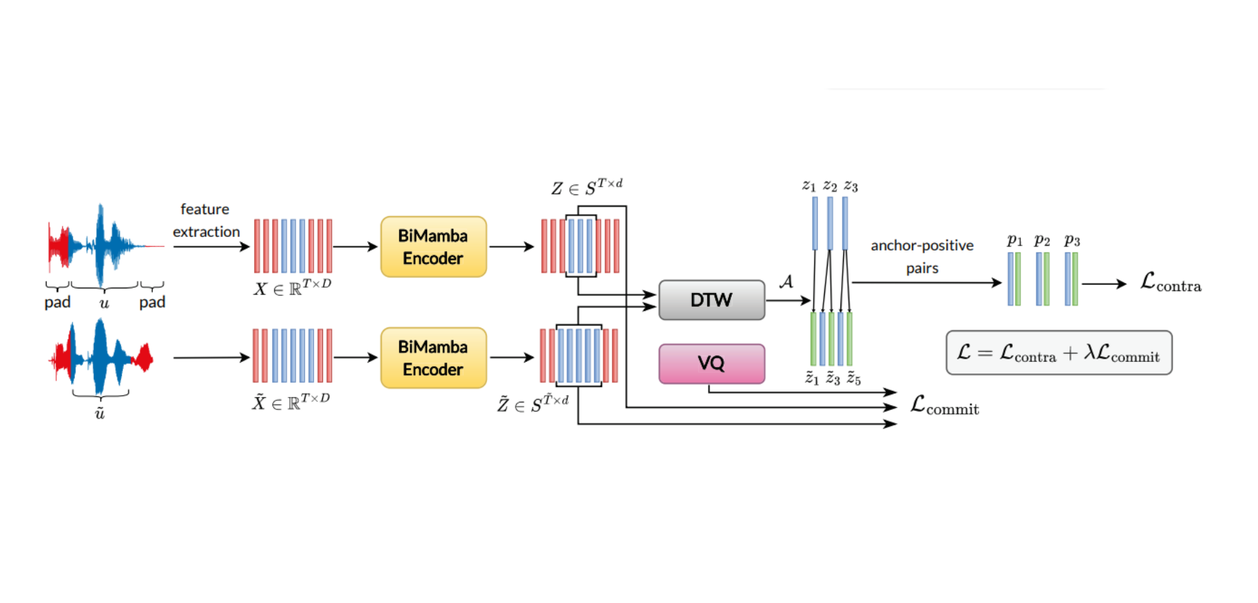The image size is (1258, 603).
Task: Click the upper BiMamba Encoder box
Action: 433,246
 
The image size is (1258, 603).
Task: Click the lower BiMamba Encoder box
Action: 433,358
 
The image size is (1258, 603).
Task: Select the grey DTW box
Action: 711,300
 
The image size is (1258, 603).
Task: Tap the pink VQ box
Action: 711,363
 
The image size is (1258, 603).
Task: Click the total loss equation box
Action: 1058,352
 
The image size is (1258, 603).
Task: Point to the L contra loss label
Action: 1170,282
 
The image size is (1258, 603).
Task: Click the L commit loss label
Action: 944,405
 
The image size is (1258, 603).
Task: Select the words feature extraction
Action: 206,220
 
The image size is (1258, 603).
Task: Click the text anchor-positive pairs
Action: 922,256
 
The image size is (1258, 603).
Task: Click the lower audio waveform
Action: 101,357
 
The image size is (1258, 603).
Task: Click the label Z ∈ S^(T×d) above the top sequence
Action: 586,187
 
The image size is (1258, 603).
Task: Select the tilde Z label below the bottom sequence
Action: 532,403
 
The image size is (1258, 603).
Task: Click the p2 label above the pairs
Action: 1042,240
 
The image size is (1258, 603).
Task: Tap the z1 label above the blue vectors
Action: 809,186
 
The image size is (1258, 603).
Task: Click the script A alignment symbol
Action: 786,281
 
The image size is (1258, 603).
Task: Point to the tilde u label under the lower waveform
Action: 100,413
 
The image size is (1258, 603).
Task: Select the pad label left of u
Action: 57,302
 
